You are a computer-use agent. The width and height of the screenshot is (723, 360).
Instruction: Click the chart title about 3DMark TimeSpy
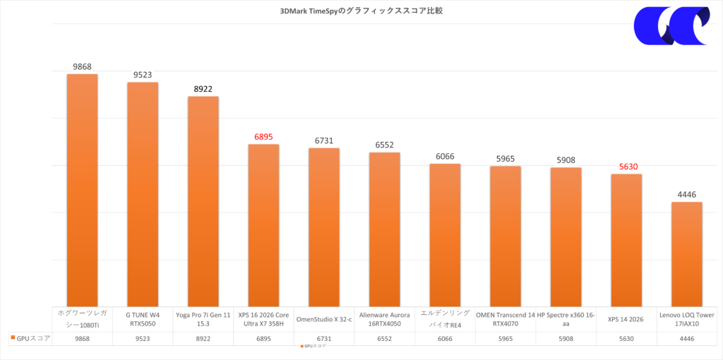coord(361,11)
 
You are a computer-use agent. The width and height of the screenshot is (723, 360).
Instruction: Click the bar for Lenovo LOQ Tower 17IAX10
coord(686,253)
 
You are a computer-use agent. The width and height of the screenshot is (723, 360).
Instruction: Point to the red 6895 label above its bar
coord(263,136)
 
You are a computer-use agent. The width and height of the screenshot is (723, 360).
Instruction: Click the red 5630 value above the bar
coord(626,166)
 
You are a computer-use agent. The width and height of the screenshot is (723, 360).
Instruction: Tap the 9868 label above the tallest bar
coord(82,66)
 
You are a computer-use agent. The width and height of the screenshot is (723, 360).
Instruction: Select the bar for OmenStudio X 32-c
coord(324,226)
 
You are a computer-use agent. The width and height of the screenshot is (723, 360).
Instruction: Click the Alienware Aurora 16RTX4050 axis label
coord(384,318)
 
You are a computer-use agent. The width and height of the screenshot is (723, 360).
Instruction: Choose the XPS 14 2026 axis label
coord(626,318)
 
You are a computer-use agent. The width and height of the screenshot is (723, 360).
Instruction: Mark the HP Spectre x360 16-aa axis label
coord(566,318)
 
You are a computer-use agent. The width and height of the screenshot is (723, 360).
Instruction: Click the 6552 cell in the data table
coord(384,338)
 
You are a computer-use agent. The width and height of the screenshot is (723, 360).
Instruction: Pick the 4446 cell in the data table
coord(686,338)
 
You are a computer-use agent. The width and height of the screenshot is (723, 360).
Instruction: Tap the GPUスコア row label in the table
coord(30,338)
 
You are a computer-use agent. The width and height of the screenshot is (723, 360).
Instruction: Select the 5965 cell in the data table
coord(505,338)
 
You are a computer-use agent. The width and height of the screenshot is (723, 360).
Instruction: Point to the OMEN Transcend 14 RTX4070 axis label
coord(505,318)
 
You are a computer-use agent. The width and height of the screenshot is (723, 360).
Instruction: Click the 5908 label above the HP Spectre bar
coord(566,160)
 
